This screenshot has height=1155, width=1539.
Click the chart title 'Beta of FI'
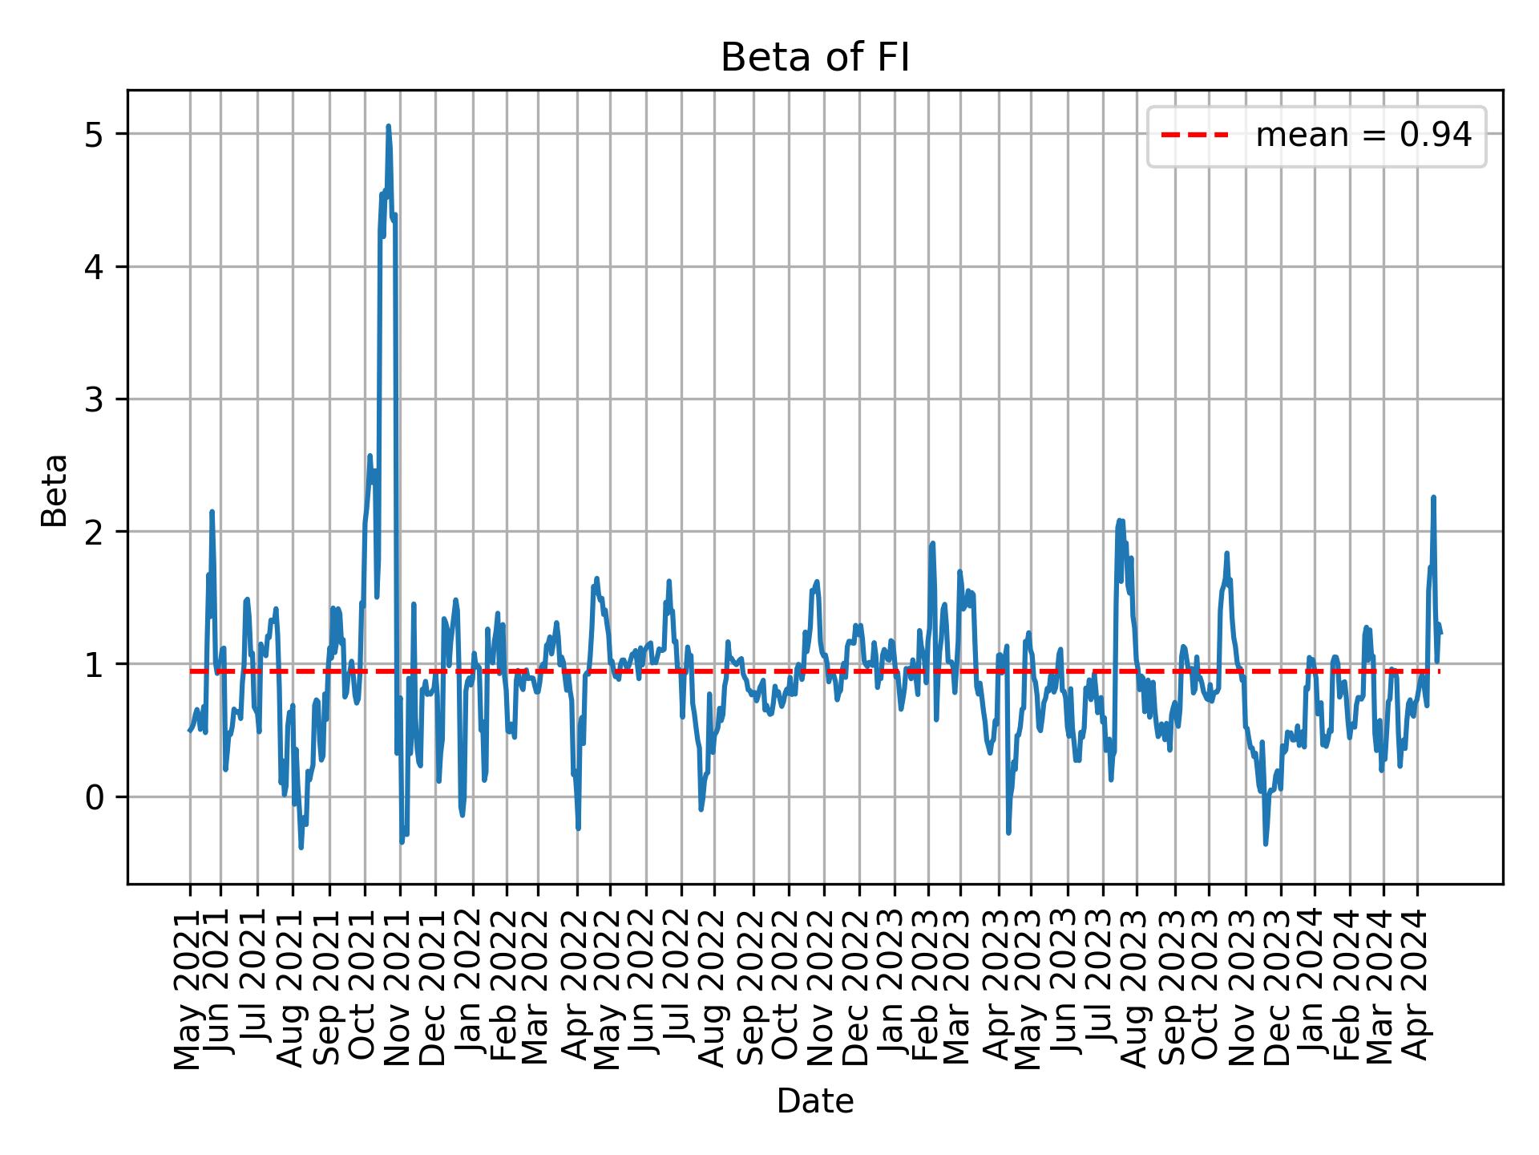pyautogui.click(x=814, y=59)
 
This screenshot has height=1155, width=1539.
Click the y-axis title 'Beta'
pyautogui.click(x=55, y=490)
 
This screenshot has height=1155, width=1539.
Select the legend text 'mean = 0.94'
pyautogui.click(x=1363, y=136)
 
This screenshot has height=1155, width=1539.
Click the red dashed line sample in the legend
pyautogui.click(x=1194, y=136)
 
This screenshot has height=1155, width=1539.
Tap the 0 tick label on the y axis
pyautogui.click(x=95, y=797)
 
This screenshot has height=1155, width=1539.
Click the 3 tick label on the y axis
pyautogui.click(x=95, y=399)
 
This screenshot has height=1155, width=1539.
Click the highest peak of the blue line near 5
pyautogui.click(x=388, y=126)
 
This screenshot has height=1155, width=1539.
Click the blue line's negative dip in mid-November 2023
pyautogui.click(x=1266, y=843)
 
